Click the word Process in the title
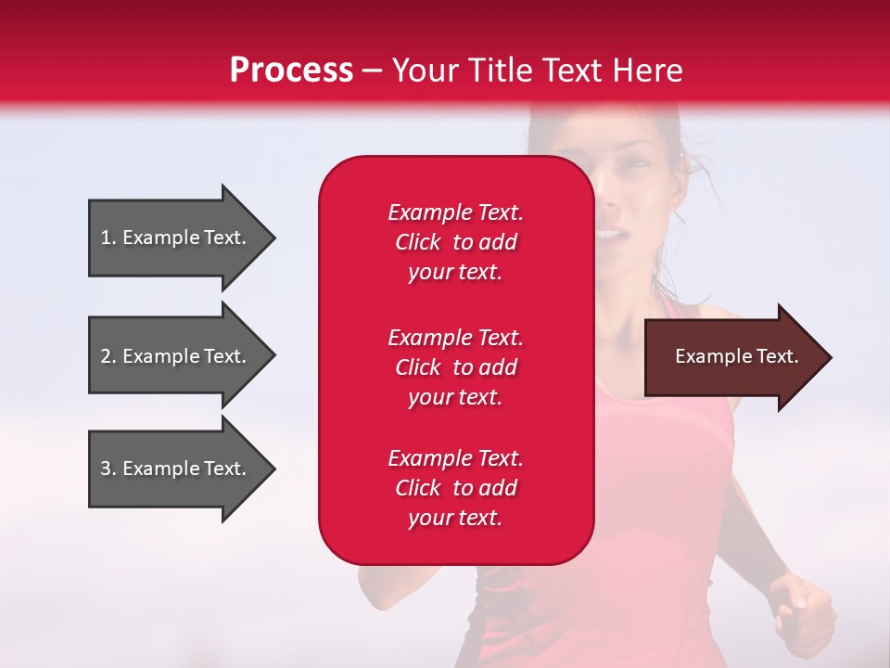(x=291, y=71)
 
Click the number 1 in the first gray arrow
(x=106, y=238)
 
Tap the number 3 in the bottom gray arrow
(x=106, y=469)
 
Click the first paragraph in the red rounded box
(x=455, y=242)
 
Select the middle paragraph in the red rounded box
(x=455, y=367)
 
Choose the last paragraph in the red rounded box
(x=455, y=488)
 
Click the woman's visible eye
(x=635, y=164)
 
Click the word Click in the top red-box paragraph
(x=417, y=242)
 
